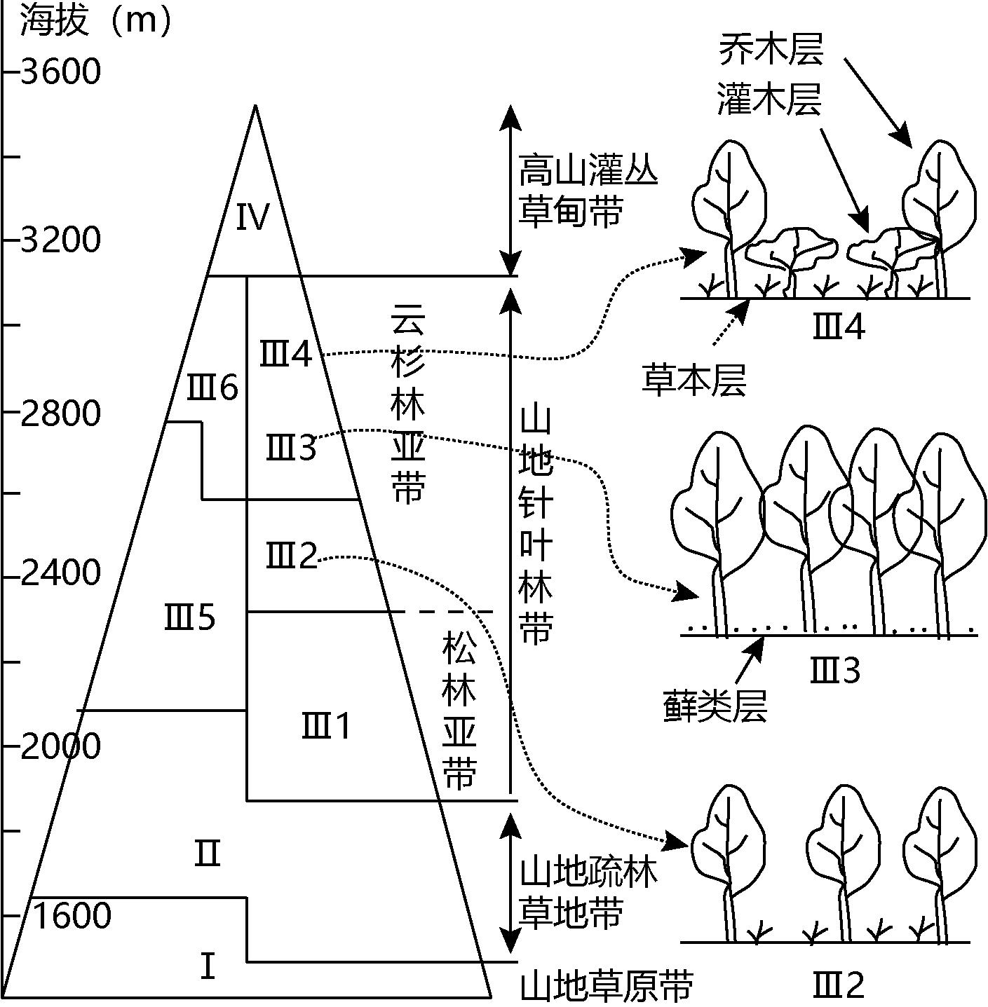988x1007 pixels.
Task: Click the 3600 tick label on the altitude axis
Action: point(61,71)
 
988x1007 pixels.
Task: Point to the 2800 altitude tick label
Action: point(61,413)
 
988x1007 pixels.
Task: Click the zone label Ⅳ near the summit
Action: point(252,217)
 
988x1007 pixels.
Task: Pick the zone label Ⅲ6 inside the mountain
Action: point(212,388)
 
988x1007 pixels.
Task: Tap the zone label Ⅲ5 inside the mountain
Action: point(190,618)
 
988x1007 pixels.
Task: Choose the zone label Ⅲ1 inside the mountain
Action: point(326,726)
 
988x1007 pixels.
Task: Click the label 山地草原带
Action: point(607,985)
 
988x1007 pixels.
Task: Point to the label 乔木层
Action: point(770,50)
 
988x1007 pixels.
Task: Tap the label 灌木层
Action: point(770,99)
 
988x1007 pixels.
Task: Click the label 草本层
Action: point(694,381)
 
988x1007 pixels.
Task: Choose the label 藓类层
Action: point(715,706)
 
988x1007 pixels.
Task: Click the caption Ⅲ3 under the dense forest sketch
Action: point(834,671)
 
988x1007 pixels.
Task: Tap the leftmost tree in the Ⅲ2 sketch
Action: point(726,862)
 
